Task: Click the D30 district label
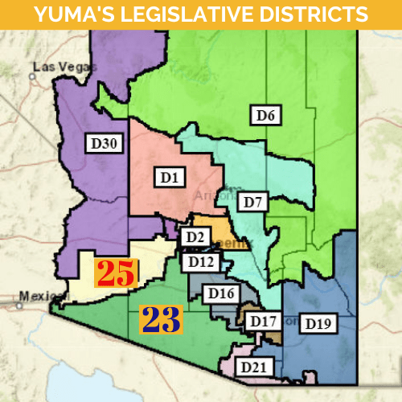103,144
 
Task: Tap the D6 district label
266,116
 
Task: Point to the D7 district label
255,200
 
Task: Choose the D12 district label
198,261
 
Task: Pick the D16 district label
219,293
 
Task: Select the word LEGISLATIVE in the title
193,14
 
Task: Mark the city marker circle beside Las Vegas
32,76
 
